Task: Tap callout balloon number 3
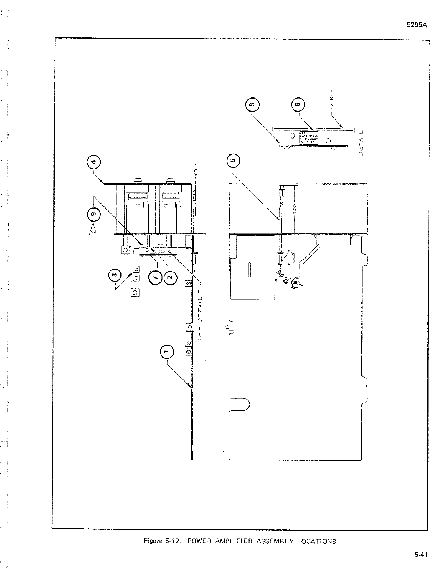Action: click(115, 275)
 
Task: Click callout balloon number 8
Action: click(252, 104)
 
